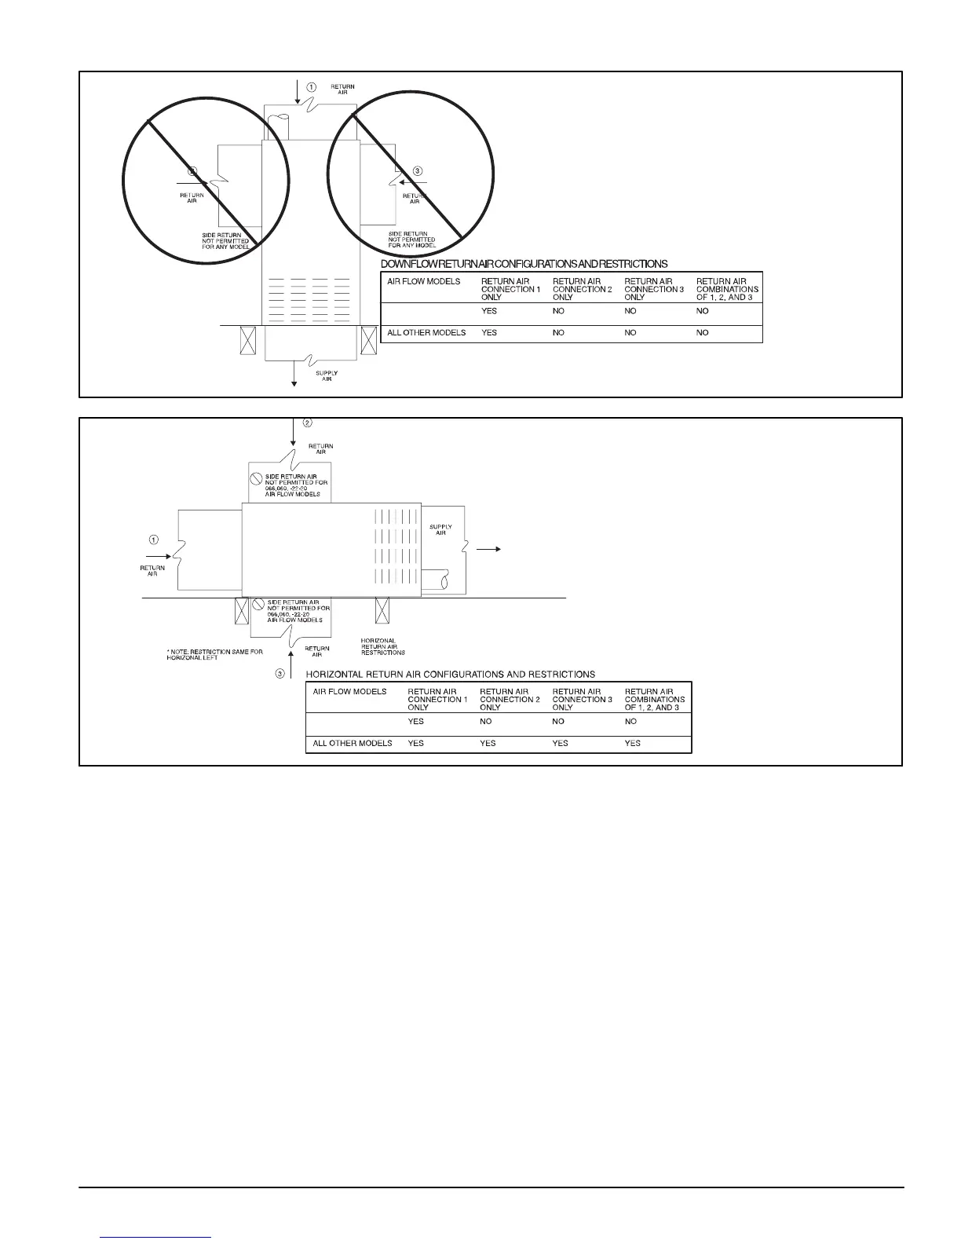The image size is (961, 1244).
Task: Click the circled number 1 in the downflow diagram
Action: click(311, 86)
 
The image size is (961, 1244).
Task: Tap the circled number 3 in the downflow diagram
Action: click(417, 170)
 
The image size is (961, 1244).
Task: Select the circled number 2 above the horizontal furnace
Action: click(308, 423)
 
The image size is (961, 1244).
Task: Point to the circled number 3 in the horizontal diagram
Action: click(280, 674)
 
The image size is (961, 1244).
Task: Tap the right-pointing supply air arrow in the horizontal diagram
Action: click(489, 550)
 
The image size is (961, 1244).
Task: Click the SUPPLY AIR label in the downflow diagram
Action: click(327, 375)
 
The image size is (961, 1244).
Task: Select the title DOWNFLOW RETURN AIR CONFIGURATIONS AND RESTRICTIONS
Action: click(524, 264)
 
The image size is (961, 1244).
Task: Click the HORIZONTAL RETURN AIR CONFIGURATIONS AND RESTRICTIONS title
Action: click(450, 674)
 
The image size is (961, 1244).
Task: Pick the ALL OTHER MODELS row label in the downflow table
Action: click(426, 333)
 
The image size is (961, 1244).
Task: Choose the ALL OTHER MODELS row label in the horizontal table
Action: click(353, 743)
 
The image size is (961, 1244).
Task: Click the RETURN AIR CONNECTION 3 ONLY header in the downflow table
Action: click(649, 289)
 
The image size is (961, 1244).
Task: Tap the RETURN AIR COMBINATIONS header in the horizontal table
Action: click(655, 699)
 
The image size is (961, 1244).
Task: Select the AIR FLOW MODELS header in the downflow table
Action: click(424, 281)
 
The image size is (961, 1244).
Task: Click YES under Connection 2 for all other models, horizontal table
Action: click(488, 743)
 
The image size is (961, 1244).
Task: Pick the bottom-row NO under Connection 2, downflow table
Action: click(558, 333)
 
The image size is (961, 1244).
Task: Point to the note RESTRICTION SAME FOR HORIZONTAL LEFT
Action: click(214, 655)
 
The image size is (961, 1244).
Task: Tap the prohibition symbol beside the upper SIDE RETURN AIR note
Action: click(255, 477)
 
